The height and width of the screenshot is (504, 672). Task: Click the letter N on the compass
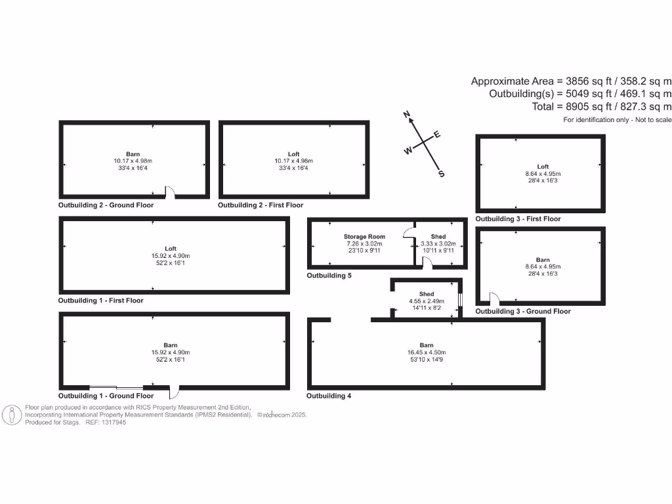click(x=407, y=115)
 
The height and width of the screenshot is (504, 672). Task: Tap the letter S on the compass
click(x=441, y=174)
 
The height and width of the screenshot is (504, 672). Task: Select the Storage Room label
click(x=364, y=236)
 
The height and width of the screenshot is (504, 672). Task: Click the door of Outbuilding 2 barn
click(x=169, y=192)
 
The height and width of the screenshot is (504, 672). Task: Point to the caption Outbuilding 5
click(x=329, y=276)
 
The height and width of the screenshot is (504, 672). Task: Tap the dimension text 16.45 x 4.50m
click(x=427, y=352)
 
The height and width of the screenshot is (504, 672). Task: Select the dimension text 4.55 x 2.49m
click(x=427, y=301)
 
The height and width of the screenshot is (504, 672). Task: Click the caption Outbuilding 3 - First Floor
click(x=518, y=219)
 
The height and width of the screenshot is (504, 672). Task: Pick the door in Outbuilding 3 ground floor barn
click(x=493, y=299)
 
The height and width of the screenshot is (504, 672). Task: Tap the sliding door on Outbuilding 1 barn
click(x=116, y=386)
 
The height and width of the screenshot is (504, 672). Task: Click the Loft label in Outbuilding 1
click(x=171, y=249)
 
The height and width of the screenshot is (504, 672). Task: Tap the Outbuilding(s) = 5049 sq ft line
click(x=580, y=94)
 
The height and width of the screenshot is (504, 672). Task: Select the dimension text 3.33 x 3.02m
click(x=438, y=243)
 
